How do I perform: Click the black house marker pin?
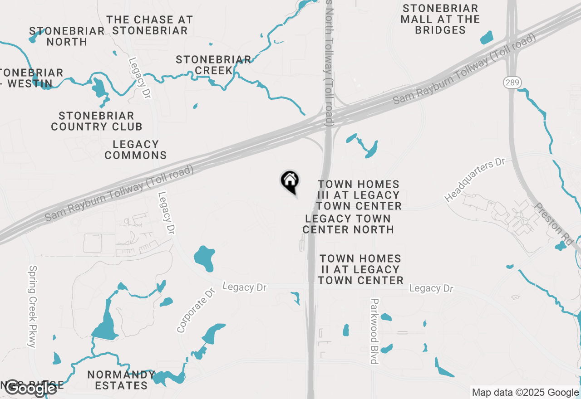(x=290, y=181)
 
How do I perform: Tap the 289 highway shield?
(x=512, y=83)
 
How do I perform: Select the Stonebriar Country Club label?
(x=96, y=122)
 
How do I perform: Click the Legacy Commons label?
(x=135, y=150)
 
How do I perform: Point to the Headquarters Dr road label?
(x=475, y=180)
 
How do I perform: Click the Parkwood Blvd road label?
(x=374, y=331)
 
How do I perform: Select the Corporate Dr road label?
(x=196, y=310)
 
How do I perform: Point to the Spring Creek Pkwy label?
(x=32, y=307)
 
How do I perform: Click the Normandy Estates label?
(x=121, y=380)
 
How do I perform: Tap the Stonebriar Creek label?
(x=213, y=65)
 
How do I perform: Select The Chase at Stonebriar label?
(x=150, y=25)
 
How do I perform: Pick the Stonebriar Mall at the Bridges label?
(x=440, y=19)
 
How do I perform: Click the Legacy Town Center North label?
(x=348, y=224)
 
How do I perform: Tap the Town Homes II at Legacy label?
(x=360, y=269)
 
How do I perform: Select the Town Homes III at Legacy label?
(x=359, y=195)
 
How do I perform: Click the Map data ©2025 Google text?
(x=525, y=393)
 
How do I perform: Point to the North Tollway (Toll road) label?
(x=329, y=63)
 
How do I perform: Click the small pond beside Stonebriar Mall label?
(x=486, y=38)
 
